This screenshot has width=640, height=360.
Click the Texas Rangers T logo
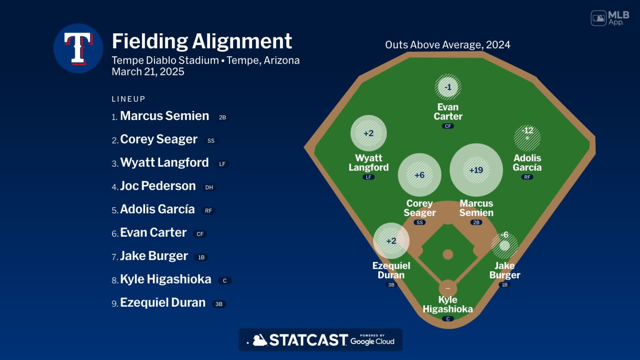[x=78, y=48]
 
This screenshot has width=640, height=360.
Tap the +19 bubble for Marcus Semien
[x=476, y=170]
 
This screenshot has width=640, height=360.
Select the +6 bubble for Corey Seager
[x=419, y=175]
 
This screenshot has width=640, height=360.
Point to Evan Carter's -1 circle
[x=448, y=87]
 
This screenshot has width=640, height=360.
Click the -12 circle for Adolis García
[x=527, y=137]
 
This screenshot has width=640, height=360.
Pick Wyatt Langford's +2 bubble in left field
[x=368, y=133]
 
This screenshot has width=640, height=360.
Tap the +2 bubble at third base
[x=391, y=241]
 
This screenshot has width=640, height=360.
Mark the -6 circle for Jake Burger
[x=505, y=245]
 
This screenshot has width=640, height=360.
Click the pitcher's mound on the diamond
[x=448, y=254]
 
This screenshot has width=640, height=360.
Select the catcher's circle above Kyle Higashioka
[x=448, y=288]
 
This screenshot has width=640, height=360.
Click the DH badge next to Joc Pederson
[x=209, y=187]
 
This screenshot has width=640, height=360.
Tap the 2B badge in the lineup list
[x=222, y=117]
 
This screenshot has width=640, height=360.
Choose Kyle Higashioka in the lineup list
[x=165, y=279]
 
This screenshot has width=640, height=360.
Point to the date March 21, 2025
[x=148, y=72]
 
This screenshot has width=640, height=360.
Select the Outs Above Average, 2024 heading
[x=447, y=45]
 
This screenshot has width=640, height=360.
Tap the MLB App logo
[x=610, y=18]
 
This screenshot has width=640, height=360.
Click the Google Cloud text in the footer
[x=372, y=341]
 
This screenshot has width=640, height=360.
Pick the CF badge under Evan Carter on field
[x=448, y=126]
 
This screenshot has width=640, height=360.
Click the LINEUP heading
[x=128, y=99]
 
